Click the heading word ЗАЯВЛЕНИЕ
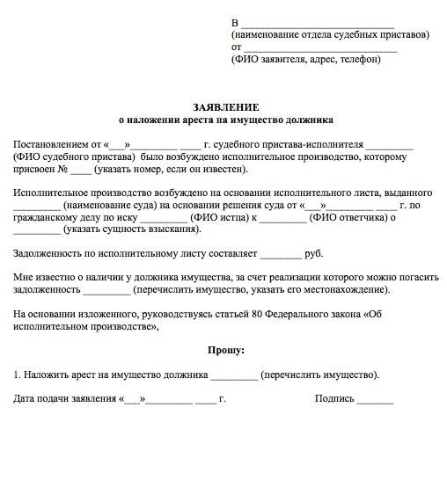(x=226, y=105)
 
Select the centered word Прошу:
(x=226, y=350)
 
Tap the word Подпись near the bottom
(x=335, y=398)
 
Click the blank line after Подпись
(x=376, y=399)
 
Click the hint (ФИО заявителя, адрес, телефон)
(x=306, y=59)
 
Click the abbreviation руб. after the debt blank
(x=314, y=253)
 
